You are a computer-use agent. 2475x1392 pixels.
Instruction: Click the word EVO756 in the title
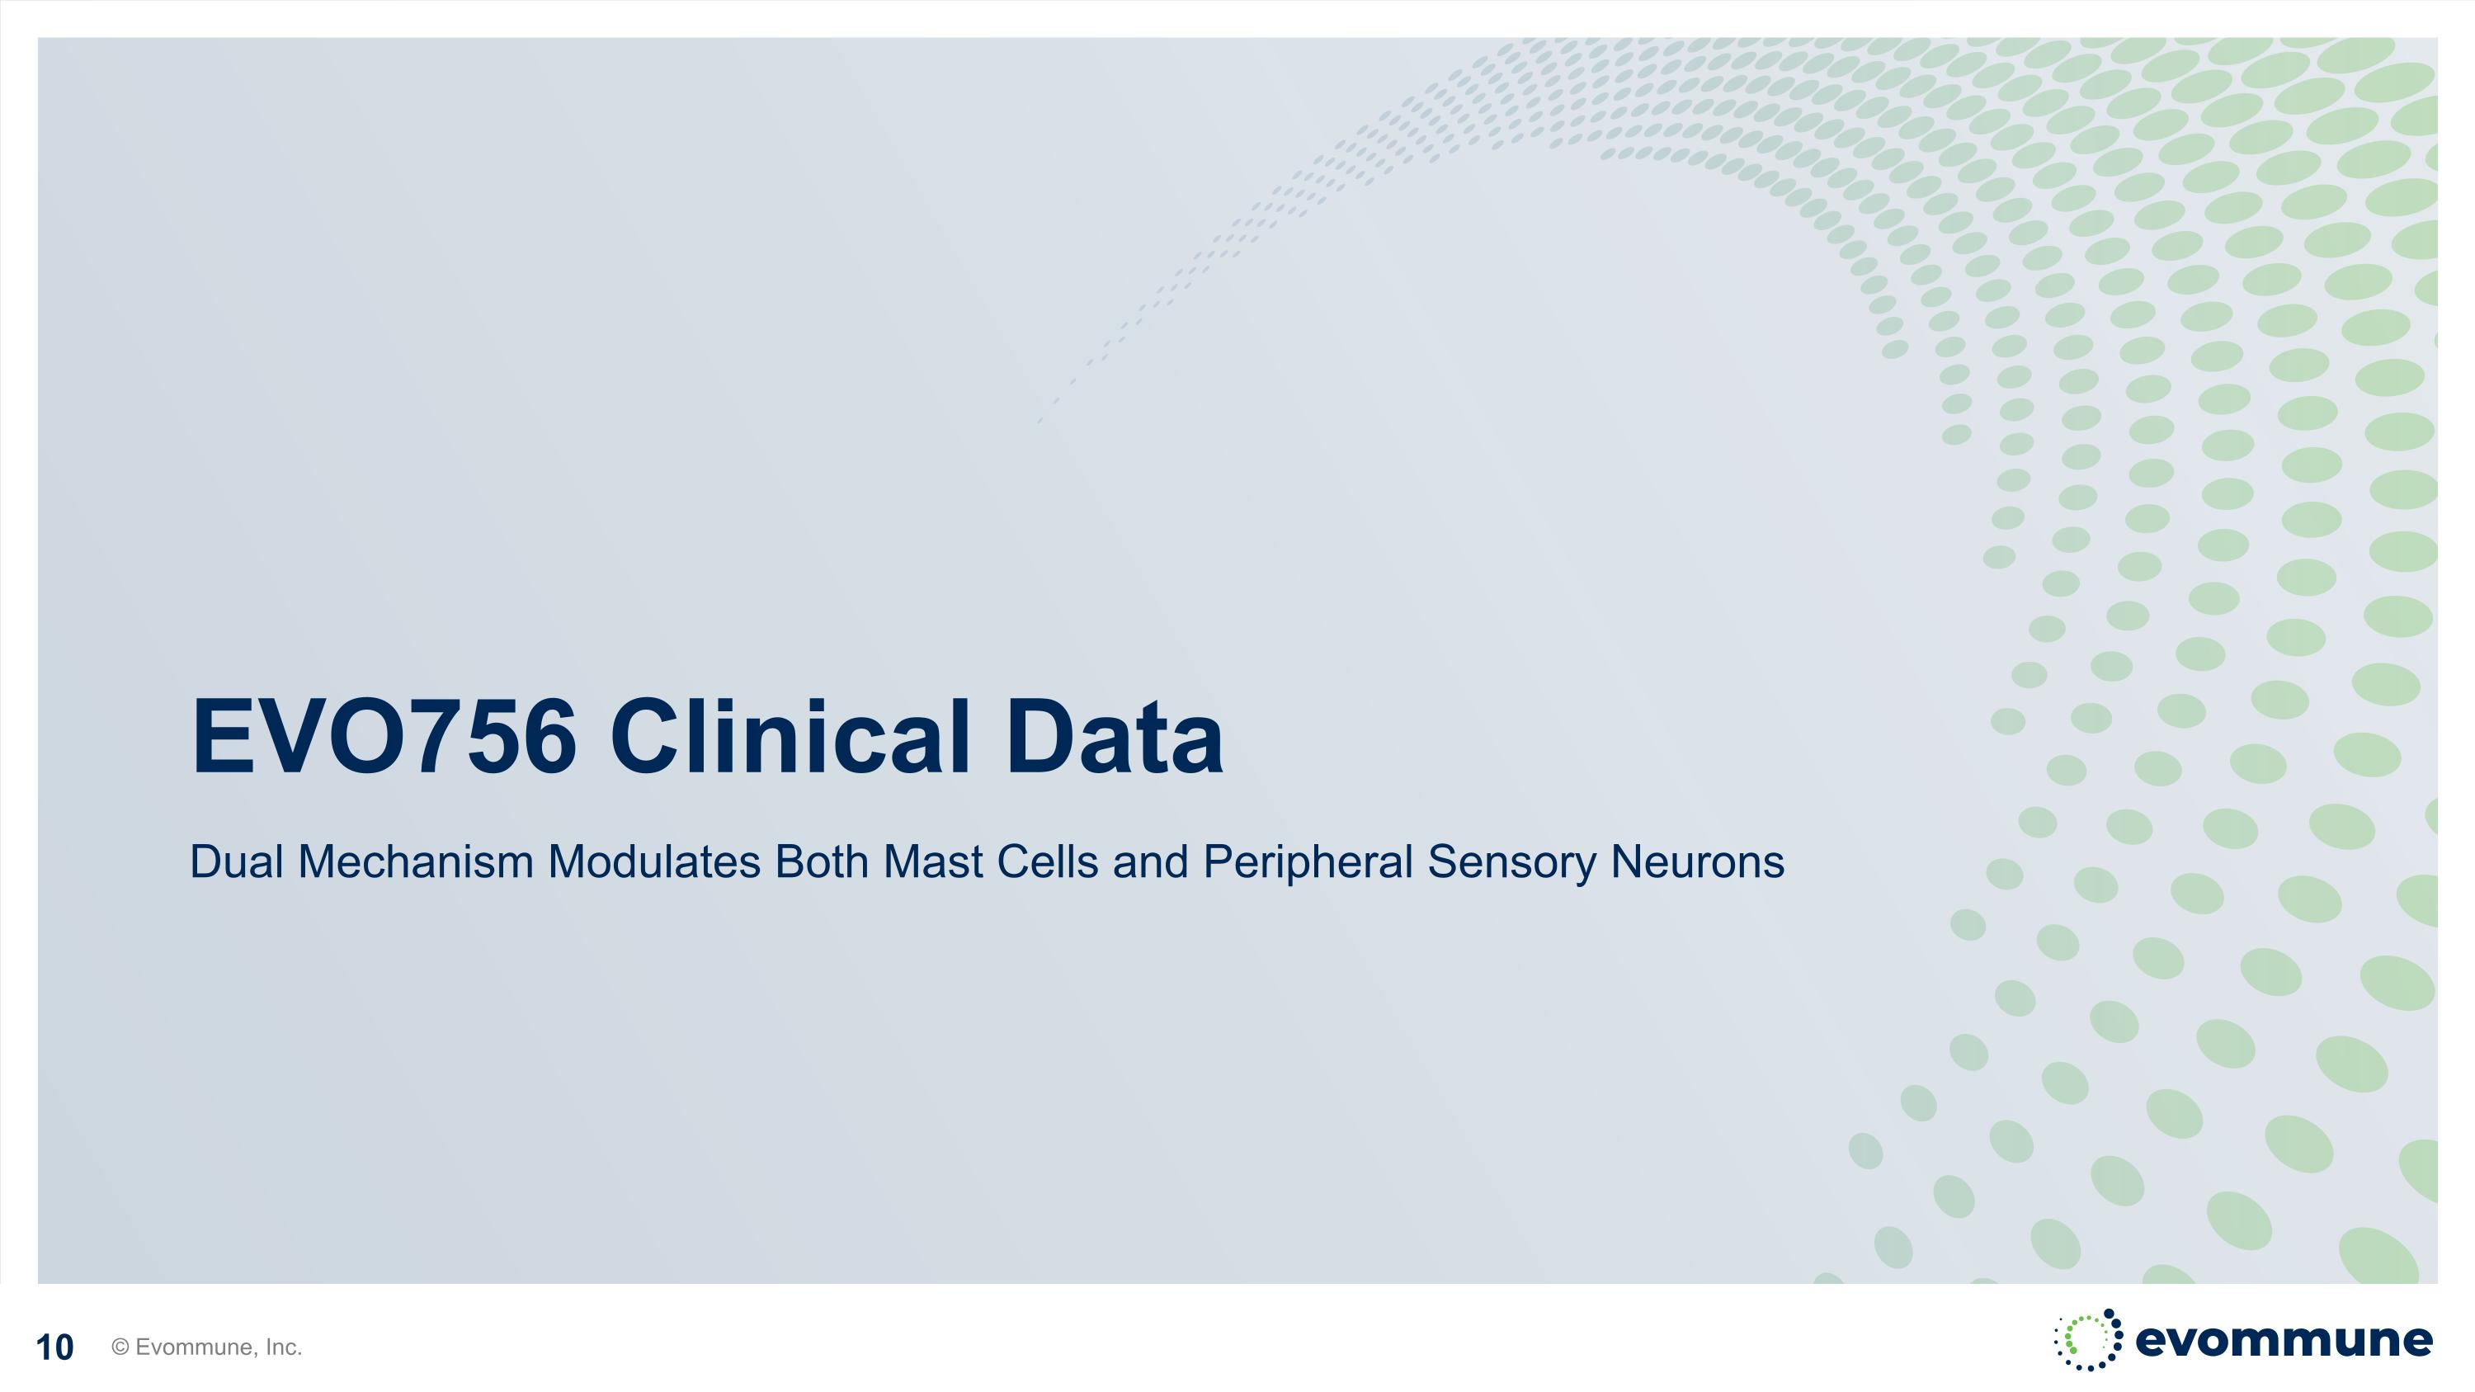[384, 737]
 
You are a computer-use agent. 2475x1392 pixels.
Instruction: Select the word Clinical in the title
[790, 737]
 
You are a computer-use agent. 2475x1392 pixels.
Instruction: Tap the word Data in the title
[1114, 737]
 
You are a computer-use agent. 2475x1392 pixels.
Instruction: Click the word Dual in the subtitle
[236, 861]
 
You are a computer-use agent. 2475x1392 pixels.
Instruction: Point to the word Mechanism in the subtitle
[415, 861]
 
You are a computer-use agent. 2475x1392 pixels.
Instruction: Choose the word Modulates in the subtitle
[654, 861]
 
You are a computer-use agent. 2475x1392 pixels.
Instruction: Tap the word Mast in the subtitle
[933, 861]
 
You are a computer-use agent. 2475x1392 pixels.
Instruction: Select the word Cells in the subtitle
[1047, 861]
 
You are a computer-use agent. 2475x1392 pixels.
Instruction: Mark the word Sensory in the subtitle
[1511, 861]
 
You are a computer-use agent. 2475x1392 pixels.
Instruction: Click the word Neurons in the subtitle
[1697, 861]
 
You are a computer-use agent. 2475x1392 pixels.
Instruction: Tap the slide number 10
[54, 1347]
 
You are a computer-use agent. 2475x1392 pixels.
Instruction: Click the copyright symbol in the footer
[120, 1347]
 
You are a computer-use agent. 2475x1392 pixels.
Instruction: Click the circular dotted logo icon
[2089, 1339]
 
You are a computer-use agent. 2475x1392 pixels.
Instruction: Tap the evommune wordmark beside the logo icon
[2284, 1339]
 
